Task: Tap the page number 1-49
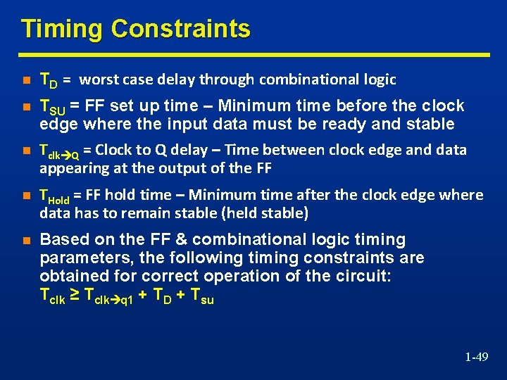(x=476, y=357)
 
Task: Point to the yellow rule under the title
(x=254, y=54)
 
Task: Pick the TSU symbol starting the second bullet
(x=53, y=107)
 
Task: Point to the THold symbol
(x=57, y=196)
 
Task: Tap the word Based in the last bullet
(x=62, y=240)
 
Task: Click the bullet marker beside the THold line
(x=26, y=196)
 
